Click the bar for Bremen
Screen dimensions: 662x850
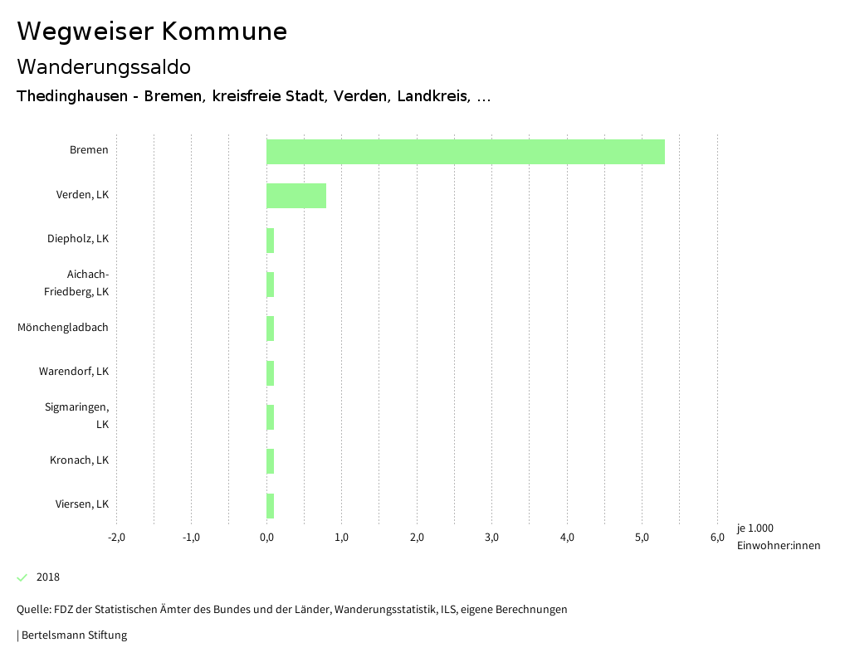click(465, 152)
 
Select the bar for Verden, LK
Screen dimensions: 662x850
click(296, 196)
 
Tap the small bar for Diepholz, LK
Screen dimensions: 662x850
click(270, 241)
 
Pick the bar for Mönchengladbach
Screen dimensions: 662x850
click(270, 329)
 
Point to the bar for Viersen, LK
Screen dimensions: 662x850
click(270, 505)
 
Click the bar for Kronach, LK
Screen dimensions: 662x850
click(270, 461)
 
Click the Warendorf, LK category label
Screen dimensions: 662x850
click(74, 372)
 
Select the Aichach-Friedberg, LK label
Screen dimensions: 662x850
click(76, 283)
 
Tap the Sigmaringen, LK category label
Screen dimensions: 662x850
click(77, 416)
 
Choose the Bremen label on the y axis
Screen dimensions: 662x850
click(89, 150)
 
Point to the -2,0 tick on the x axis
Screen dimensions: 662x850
click(116, 538)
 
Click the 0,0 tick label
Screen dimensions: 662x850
click(266, 538)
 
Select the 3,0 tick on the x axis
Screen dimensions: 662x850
click(491, 538)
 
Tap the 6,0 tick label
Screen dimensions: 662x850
click(716, 538)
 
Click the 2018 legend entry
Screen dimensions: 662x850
click(48, 577)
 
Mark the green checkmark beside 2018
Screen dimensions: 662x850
click(22, 577)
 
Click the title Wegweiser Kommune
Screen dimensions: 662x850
click(152, 32)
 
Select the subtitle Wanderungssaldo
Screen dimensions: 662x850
click(104, 66)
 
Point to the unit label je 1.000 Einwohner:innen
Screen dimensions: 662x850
click(778, 537)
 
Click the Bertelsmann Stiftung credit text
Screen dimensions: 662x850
click(73, 635)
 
